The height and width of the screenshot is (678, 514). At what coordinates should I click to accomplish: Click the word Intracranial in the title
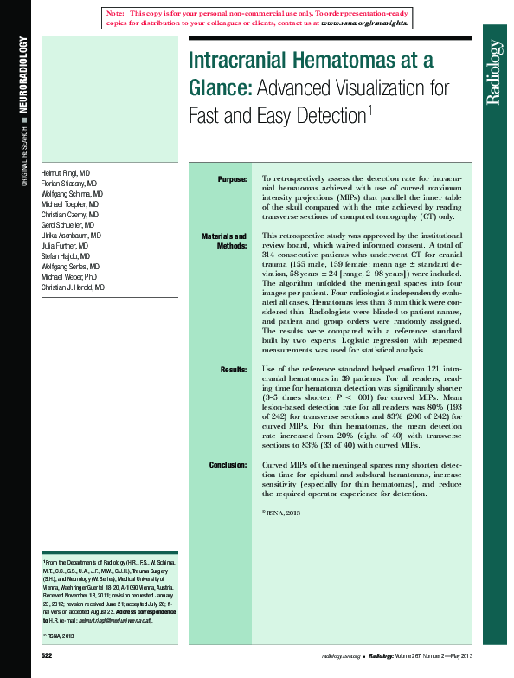tap(246, 61)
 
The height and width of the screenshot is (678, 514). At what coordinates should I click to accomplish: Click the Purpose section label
tap(231, 179)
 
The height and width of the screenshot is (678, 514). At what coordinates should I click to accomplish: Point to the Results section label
tap(233, 370)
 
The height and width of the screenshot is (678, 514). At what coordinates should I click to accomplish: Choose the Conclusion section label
tap(228, 465)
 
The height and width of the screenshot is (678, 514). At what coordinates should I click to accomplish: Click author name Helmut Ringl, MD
tap(71, 173)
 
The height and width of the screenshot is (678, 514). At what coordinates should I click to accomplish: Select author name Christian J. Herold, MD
tap(73, 287)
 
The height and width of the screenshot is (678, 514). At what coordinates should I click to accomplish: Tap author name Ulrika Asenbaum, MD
tap(71, 236)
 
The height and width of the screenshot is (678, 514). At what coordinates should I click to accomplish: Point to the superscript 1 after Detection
tap(369, 108)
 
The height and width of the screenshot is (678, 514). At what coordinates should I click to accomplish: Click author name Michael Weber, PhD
tap(70, 276)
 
